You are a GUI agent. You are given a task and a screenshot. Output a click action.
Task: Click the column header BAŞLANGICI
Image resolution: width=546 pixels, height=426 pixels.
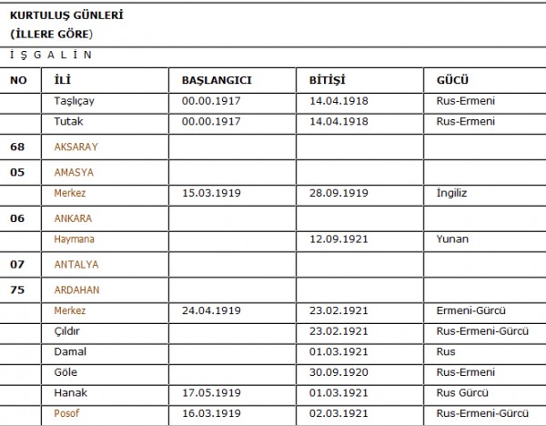(x=217, y=80)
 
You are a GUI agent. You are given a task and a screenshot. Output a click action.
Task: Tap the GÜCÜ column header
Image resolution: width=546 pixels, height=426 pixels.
(x=453, y=80)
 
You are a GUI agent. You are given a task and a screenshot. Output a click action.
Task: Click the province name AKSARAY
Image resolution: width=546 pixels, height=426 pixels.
(x=76, y=147)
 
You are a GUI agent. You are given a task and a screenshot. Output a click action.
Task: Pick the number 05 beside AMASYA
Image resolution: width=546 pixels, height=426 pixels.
(x=18, y=172)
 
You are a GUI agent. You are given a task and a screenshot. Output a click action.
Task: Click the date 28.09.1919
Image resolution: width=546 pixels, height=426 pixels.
(x=339, y=193)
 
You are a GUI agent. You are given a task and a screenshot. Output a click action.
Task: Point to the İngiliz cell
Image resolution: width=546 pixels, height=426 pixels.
(x=452, y=193)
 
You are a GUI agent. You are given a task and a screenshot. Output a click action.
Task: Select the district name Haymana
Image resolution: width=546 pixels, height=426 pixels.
(x=75, y=239)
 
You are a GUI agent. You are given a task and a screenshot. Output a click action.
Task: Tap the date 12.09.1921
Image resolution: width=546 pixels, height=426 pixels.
(x=339, y=239)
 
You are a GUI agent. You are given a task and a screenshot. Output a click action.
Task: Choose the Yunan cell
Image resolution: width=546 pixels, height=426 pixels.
(x=452, y=239)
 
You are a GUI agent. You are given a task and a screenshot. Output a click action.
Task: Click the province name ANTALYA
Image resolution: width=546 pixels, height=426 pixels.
(x=76, y=265)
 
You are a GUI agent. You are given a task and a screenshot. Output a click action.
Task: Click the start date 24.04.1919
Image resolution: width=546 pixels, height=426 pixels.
(x=211, y=311)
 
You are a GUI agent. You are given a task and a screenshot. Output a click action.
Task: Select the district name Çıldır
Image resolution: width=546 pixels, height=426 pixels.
(x=69, y=331)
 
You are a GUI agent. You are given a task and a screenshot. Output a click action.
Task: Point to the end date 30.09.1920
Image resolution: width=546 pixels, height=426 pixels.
(x=339, y=372)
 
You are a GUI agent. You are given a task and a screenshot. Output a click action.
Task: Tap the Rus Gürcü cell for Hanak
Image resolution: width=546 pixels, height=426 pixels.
(x=462, y=393)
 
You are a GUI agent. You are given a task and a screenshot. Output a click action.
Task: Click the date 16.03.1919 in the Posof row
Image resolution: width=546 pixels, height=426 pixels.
(x=211, y=414)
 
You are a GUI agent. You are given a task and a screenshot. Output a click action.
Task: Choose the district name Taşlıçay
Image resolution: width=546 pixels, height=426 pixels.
(x=75, y=101)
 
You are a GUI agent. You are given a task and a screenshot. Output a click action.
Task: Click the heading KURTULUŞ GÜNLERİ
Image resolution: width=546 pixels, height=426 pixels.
(x=66, y=15)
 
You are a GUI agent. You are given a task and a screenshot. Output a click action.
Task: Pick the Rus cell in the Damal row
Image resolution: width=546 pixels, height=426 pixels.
(x=446, y=352)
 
